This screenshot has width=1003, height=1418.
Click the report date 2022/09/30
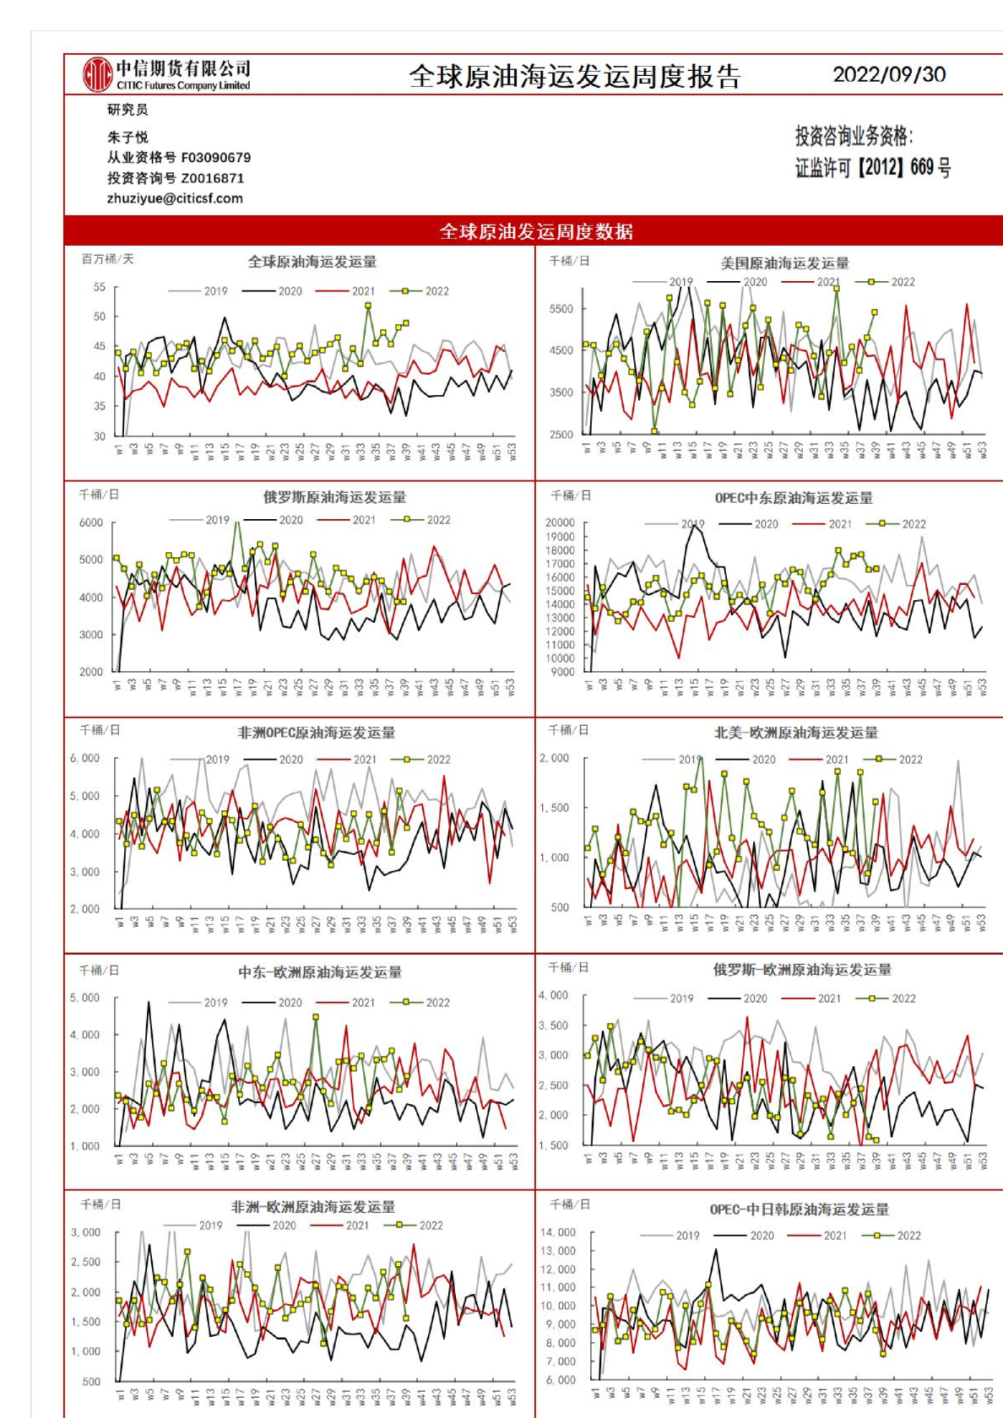[x=889, y=74]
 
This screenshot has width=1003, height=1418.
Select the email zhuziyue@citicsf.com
[x=175, y=198]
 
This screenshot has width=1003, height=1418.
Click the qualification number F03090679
[x=215, y=158]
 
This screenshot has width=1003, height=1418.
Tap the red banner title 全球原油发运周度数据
[x=536, y=231]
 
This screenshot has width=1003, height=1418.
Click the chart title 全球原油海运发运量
[x=312, y=262]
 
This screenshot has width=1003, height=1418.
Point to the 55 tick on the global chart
[x=100, y=287]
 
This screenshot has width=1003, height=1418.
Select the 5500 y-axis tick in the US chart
[x=561, y=309]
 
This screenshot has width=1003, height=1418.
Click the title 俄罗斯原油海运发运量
[x=334, y=497]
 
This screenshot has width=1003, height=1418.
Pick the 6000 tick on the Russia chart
[x=91, y=522]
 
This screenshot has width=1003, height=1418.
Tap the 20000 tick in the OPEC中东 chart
[x=560, y=522]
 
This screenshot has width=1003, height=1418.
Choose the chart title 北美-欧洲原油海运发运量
[x=795, y=733]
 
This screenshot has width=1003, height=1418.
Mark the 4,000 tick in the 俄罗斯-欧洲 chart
[x=554, y=995]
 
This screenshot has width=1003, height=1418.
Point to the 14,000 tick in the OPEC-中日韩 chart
[x=558, y=1232]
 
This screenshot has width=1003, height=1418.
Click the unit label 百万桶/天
[x=107, y=259]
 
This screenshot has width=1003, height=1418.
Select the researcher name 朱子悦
[x=127, y=137]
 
